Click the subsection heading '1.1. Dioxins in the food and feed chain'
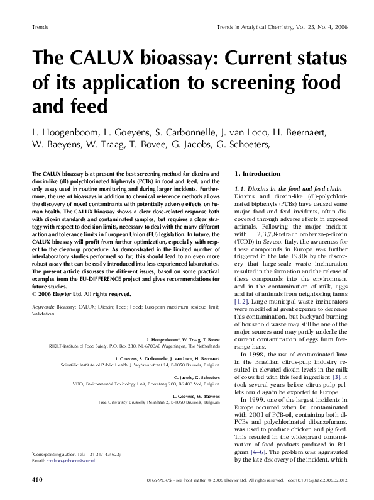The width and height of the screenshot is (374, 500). tap(285, 189)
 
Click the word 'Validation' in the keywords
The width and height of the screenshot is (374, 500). tap(43, 314)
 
